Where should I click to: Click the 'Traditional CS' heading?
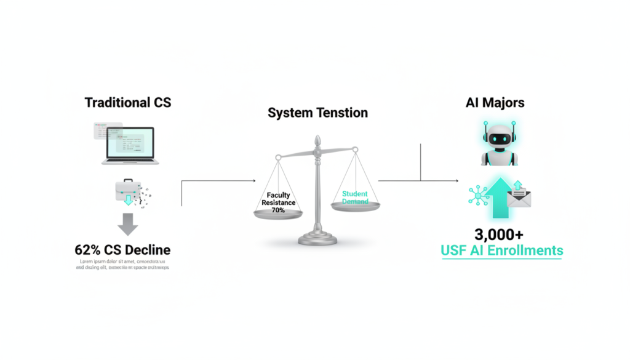(128, 102)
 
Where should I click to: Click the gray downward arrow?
(127, 224)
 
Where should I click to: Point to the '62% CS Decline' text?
(122, 250)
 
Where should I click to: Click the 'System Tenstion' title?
(317, 113)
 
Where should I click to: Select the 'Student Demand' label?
(355, 198)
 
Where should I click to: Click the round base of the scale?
(318, 239)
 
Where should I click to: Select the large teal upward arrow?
(502, 198)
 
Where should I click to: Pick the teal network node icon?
(478, 195)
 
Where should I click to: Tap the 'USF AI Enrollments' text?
(501, 250)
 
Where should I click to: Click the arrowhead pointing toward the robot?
(456, 180)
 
